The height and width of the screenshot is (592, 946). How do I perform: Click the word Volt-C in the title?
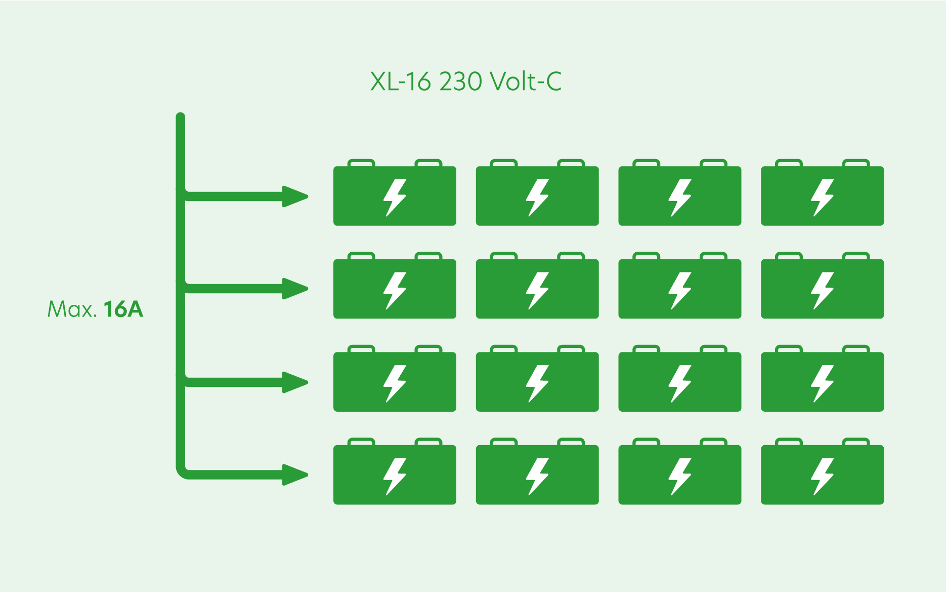[526, 82]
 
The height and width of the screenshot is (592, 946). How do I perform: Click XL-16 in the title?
[400, 82]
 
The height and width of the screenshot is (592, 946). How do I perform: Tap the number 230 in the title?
[460, 82]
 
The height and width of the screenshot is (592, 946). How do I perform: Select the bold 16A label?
[123, 309]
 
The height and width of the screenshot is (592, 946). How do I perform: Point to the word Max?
[72, 309]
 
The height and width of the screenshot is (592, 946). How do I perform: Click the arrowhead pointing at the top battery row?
[295, 196]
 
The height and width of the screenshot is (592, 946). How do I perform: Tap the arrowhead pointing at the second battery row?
[295, 289]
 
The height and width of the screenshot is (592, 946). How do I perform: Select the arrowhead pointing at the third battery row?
[295, 382]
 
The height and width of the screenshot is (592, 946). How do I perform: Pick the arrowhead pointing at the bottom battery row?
[295, 475]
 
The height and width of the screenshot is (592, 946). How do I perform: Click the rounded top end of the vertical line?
[181, 117]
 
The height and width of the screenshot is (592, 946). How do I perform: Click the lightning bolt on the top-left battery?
[395, 198]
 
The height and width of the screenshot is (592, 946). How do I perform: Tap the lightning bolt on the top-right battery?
[823, 198]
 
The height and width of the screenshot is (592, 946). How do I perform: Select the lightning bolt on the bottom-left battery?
[395, 476]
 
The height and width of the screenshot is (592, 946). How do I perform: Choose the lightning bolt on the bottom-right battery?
[823, 476]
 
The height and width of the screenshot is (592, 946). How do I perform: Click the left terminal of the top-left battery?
[362, 163]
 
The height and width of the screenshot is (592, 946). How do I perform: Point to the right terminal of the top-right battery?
[856, 163]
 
